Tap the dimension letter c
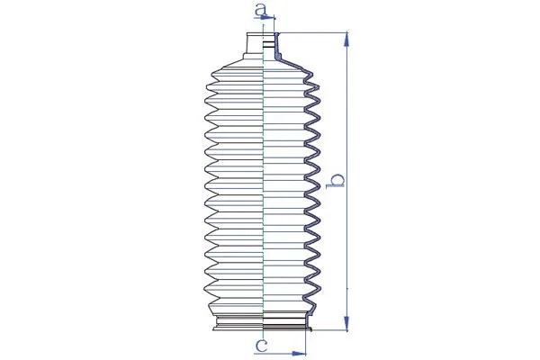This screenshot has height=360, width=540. coord(261,345)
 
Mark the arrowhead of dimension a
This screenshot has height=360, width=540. coord(272,19)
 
